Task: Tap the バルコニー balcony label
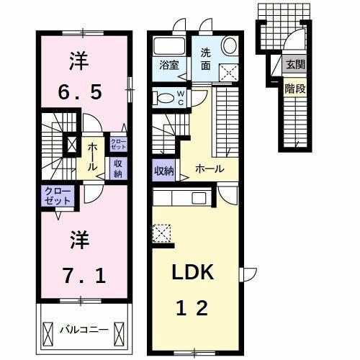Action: point(84,330)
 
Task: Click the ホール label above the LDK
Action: point(207,170)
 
